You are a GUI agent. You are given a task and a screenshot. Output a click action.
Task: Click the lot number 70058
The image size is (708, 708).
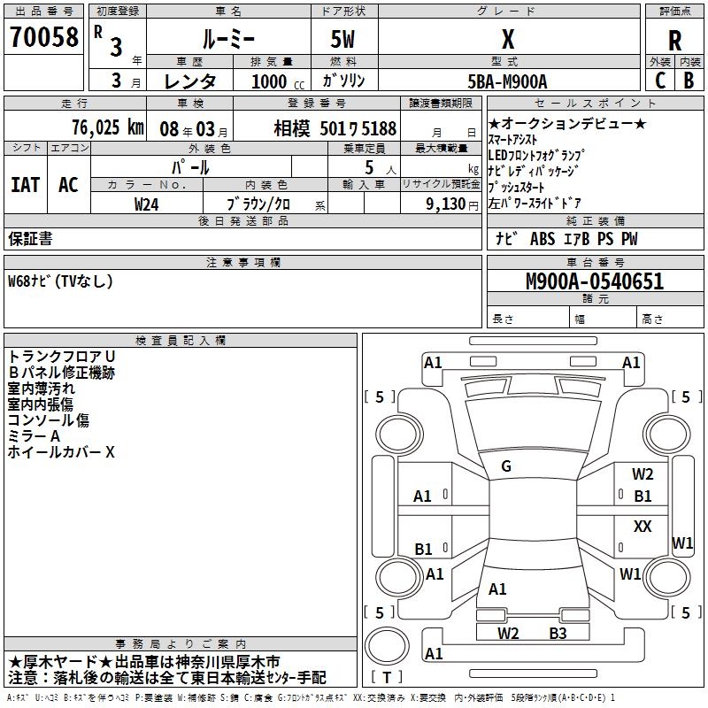coord(42,37)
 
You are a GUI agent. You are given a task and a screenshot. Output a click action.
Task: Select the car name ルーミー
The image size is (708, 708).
coord(227,39)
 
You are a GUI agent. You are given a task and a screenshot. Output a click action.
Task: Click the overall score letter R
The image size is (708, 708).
coord(674,41)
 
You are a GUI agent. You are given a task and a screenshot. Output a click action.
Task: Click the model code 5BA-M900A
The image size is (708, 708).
coord(507,81)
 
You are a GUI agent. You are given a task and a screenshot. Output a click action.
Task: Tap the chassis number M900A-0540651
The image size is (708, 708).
coord(594,282)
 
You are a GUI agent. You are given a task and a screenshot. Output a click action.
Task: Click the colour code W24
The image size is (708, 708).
coord(147,204)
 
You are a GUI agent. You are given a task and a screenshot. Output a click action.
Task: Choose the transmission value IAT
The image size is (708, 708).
coord(25,185)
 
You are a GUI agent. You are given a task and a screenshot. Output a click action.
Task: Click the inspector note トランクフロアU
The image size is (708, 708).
coord(62,356)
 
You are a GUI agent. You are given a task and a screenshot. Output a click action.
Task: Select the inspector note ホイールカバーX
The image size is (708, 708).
coord(62,452)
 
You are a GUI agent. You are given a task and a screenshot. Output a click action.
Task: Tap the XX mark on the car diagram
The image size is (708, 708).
coord(643,527)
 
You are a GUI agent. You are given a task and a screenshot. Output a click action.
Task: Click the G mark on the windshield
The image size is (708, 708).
coord(506,466)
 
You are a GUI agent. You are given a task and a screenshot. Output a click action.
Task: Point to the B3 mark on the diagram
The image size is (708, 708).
coord(558,633)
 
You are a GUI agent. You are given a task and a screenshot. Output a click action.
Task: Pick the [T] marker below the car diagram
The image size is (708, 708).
coord(387,677)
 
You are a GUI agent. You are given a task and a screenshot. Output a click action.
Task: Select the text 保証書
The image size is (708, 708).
coord(30,238)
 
